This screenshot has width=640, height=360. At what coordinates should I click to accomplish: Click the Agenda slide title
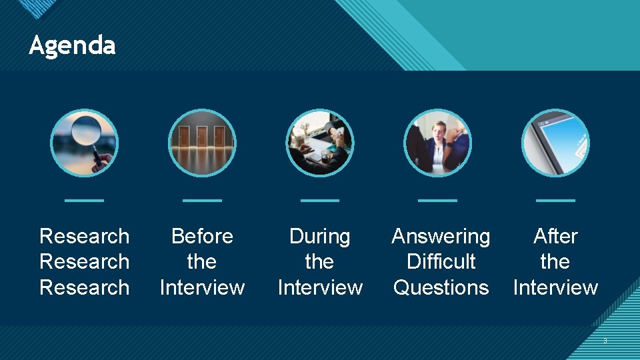pyautogui.click(x=72, y=45)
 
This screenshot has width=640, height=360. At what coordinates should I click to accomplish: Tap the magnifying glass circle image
pyautogui.click(x=84, y=143)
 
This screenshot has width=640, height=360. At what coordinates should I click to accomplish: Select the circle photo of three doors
pyautogui.click(x=202, y=143)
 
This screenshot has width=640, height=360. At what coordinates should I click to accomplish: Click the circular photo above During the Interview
pyautogui.click(x=320, y=143)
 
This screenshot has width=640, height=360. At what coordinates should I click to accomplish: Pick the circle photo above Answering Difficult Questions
pyautogui.click(x=438, y=143)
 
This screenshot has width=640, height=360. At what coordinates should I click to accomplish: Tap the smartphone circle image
pyautogui.click(x=555, y=143)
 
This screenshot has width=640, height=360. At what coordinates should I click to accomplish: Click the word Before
pyautogui.click(x=202, y=236)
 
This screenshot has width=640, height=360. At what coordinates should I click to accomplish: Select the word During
pyautogui.click(x=320, y=236)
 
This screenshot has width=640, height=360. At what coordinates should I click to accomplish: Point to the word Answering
pyautogui.click(x=441, y=236)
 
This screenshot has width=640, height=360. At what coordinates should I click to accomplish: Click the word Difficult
pyautogui.click(x=441, y=261)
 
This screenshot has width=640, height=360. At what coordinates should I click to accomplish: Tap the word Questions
pyautogui.click(x=441, y=287)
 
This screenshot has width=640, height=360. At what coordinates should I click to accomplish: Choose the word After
pyautogui.click(x=555, y=236)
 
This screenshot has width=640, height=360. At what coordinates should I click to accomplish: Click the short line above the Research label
pyautogui.click(x=84, y=200)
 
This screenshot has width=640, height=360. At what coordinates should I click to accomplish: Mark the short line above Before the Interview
pyautogui.click(x=202, y=200)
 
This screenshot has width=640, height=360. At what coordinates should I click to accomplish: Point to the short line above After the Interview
pyautogui.click(x=555, y=200)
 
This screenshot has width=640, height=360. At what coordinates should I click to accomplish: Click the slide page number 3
pyautogui.click(x=605, y=341)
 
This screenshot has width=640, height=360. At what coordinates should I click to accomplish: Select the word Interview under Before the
pyautogui.click(x=202, y=287)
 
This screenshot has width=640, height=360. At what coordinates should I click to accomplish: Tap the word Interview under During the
pyautogui.click(x=320, y=287)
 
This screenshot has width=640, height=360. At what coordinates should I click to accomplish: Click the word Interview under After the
pyautogui.click(x=555, y=287)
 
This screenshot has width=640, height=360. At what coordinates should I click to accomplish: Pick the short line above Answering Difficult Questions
pyautogui.click(x=438, y=200)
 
